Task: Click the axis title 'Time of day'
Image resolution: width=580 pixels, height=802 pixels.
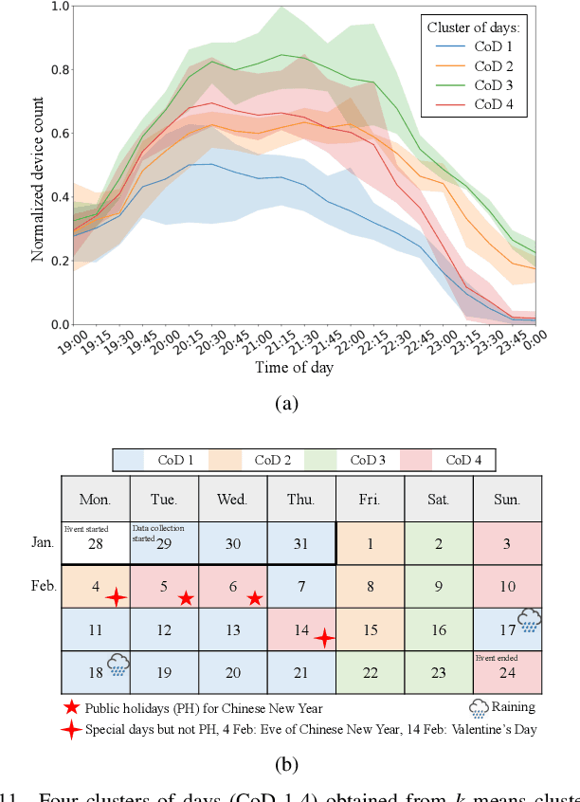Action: point(294,367)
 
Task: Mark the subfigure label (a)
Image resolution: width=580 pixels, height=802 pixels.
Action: point(285,404)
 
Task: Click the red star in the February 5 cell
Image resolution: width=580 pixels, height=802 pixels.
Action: point(187,598)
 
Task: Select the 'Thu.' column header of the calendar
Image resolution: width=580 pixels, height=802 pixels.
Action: point(301,498)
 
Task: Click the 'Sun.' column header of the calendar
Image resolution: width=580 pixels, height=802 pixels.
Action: point(507,498)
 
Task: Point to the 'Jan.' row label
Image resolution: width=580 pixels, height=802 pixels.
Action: point(42,542)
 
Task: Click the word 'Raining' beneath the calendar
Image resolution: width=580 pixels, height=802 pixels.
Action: point(513,707)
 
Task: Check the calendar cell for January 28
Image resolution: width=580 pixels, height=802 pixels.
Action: point(95,542)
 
